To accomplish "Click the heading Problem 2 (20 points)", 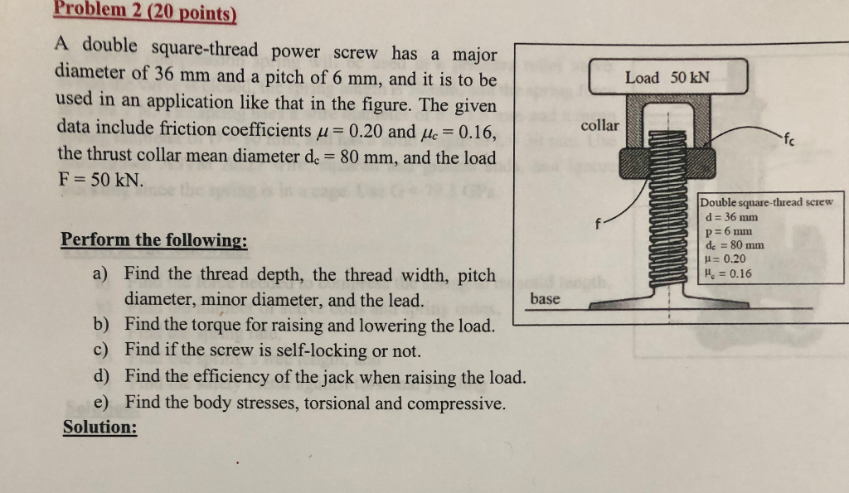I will coord(146,12).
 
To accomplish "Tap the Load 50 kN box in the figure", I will coord(667,77).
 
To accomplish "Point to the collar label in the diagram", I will coord(599,125).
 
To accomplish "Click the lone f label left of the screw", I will coord(597,222).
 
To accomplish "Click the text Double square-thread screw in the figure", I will coord(766,202).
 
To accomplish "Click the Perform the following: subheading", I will coord(154,240).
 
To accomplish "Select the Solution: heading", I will coord(100,428).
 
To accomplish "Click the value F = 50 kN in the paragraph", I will coord(100,179).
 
